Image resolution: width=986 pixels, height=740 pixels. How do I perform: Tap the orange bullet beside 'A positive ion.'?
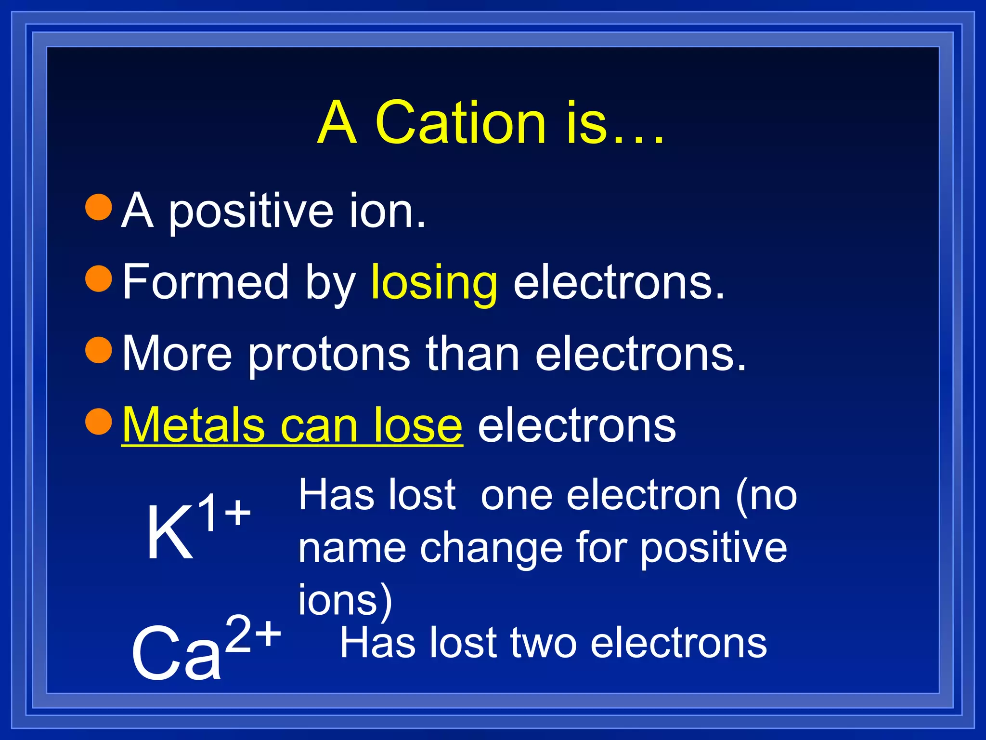click(99, 207)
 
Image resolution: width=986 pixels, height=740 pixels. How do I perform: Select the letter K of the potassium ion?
click(169, 533)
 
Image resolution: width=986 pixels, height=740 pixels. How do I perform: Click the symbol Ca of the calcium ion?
click(176, 653)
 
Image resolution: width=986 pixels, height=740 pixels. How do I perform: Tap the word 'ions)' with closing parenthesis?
click(345, 600)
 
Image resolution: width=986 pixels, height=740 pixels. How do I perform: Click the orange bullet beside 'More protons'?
click(99, 350)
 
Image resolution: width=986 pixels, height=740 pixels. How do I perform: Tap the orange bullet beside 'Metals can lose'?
click(99, 421)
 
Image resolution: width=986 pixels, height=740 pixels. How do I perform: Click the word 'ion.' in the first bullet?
click(388, 211)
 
